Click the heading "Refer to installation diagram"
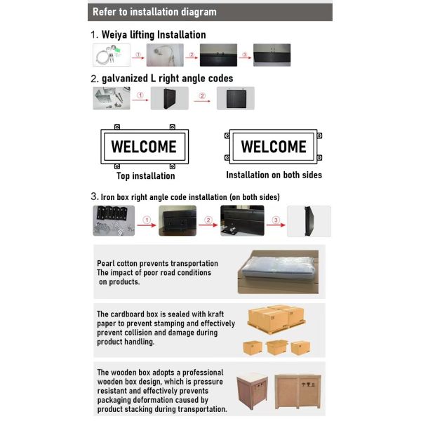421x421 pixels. click(154, 12)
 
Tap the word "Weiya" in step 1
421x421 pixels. click(114, 35)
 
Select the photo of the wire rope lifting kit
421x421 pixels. click(112, 55)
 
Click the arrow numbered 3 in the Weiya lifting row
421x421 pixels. click(245, 58)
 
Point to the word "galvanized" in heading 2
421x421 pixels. click(125, 79)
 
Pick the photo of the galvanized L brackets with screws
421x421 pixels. click(112, 98)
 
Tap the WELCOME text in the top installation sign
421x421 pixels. click(144, 147)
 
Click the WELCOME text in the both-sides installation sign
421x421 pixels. click(274, 147)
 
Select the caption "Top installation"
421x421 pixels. click(145, 176)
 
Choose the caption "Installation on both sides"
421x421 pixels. click(274, 175)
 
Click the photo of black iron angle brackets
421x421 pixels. click(114, 221)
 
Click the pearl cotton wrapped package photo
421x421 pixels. click(278, 272)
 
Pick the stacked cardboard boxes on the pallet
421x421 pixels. click(276, 319)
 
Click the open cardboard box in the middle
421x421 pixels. click(277, 347)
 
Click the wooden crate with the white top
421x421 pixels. click(252, 391)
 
